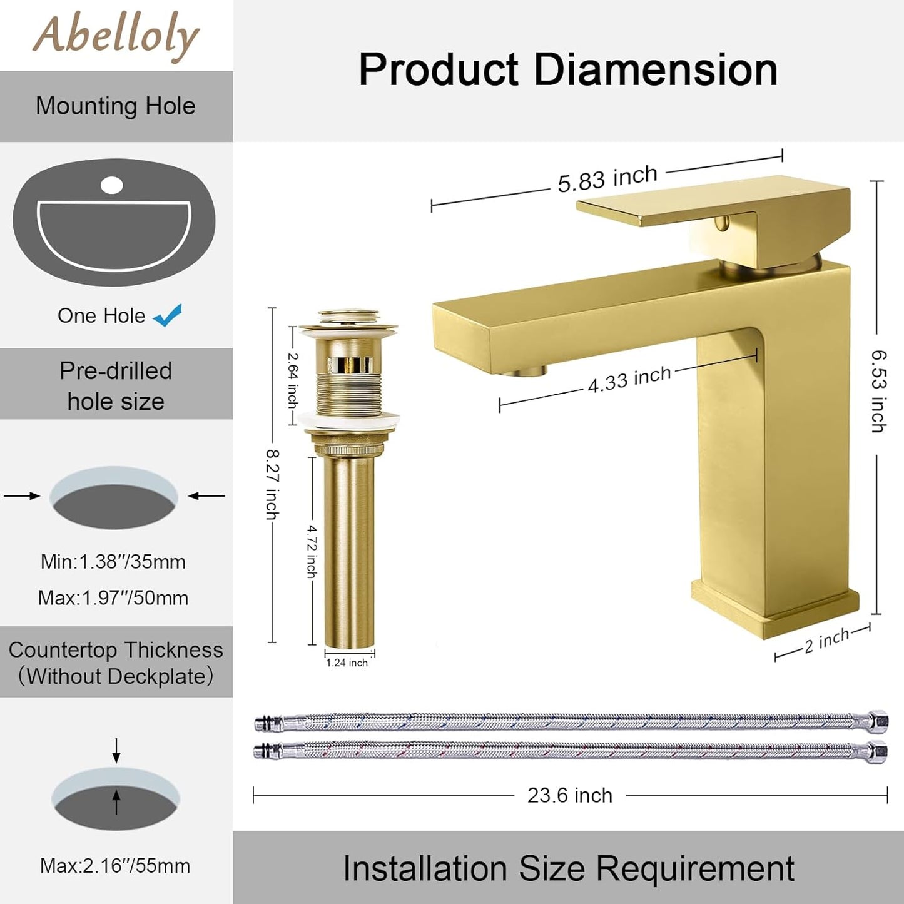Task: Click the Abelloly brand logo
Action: click(116, 36)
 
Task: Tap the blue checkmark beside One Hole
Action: click(168, 315)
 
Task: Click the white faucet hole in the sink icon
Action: click(112, 185)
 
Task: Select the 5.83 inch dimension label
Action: click(607, 178)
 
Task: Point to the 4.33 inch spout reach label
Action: click(629, 379)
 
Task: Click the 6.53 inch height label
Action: click(878, 391)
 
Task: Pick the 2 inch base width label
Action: click(826, 641)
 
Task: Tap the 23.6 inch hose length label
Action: click(569, 795)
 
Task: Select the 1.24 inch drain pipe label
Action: click(347, 663)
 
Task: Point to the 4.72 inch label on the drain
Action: click(312, 551)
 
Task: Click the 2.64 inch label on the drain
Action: click(293, 380)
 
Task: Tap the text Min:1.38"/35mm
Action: click(113, 562)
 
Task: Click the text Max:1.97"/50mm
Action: click(113, 597)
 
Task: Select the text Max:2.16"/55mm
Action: click(115, 866)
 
